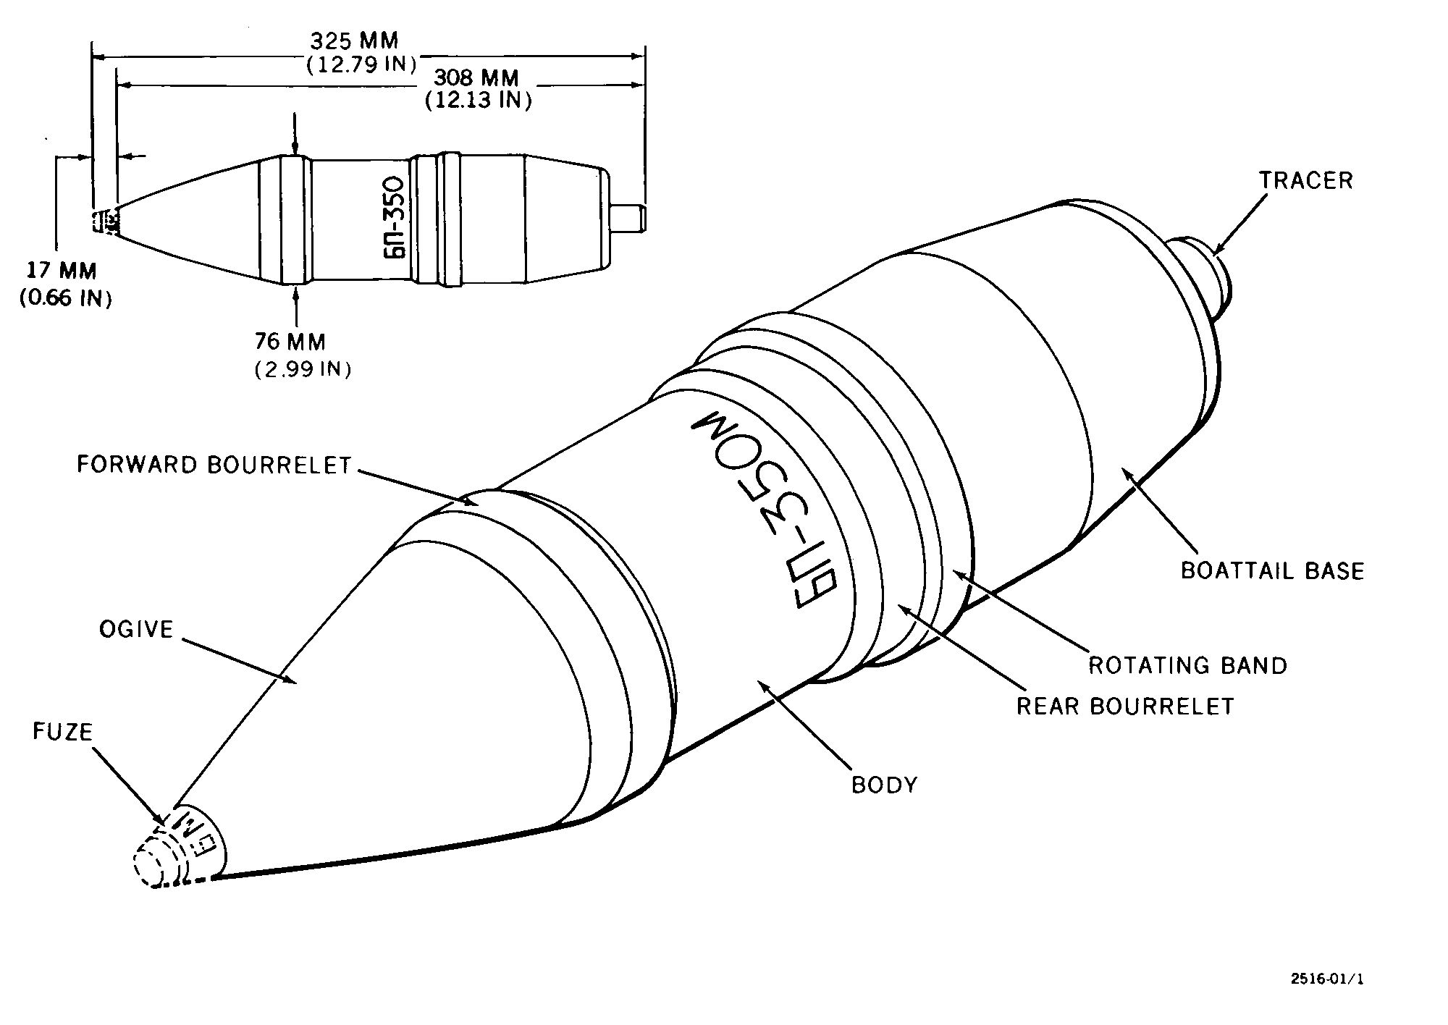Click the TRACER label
click(1305, 180)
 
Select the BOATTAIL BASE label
click(1272, 570)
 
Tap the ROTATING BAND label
click(1188, 665)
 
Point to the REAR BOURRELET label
click(1125, 706)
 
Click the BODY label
click(884, 785)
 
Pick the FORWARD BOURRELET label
click(214, 465)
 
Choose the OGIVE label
click(137, 629)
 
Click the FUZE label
click(63, 732)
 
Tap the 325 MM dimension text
click(355, 41)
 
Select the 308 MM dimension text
click(476, 77)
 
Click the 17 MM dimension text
click(62, 271)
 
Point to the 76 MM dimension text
click(290, 341)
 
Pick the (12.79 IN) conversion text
click(361, 64)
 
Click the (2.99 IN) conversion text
click(303, 369)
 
